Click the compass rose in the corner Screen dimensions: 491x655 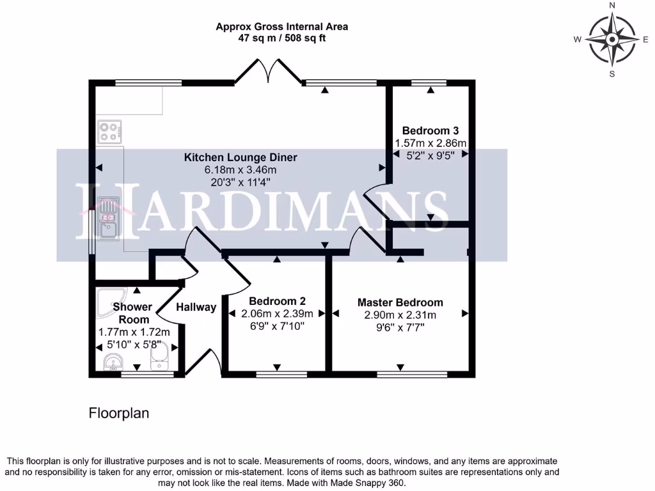[x=612, y=40]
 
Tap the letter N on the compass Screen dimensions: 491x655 [x=612, y=6]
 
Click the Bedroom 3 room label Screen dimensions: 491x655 [x=430, y=130]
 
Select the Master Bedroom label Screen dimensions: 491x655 [x=400, y=302]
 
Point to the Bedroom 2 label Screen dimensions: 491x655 [x=277, y=301]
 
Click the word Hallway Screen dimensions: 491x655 [x=196, y=308]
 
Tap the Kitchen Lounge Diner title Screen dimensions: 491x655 [x=241, y=157]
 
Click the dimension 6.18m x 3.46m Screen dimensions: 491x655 [x=241, y=170]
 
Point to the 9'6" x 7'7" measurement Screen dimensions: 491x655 [x=400, y=327]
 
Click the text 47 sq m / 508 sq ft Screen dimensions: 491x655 [x=281, y=38]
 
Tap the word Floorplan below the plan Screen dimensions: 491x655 [x=118, y=414]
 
